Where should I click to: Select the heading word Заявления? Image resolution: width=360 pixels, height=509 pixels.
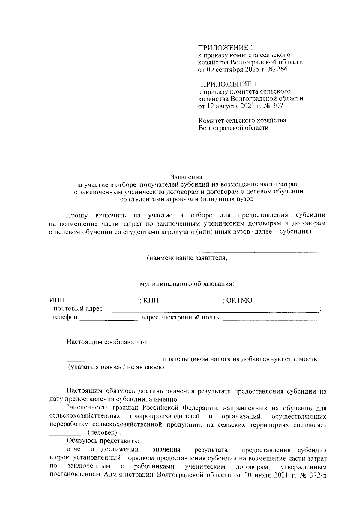coord(187,177)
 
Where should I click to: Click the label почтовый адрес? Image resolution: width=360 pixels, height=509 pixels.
coord(78,309)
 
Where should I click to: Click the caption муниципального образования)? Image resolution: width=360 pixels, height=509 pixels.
coord(187,284)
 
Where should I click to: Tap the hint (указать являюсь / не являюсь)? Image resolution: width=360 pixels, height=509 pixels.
coord(116,367)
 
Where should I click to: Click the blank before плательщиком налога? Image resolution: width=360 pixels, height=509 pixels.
coord(114,360)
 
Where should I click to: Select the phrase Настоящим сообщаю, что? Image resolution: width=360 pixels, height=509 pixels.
coord(106,342)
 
